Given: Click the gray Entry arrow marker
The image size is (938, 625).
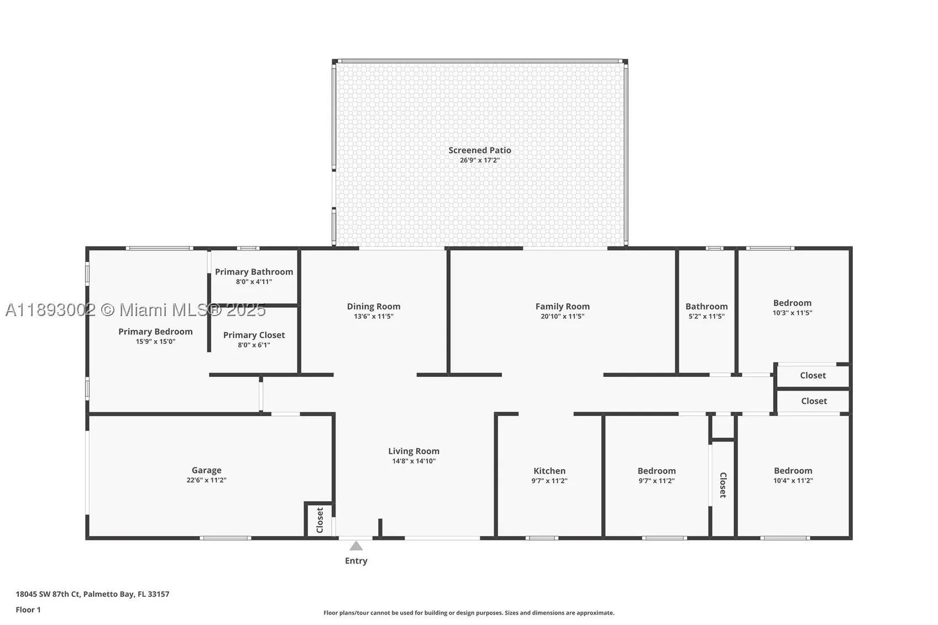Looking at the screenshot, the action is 356,546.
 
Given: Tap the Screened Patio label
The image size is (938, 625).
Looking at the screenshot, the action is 480,150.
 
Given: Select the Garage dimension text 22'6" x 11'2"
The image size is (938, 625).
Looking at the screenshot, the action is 206,480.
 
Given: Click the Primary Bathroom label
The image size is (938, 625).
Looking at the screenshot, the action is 254,272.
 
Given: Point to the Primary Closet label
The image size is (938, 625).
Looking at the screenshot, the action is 254,335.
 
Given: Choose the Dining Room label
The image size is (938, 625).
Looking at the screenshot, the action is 374,307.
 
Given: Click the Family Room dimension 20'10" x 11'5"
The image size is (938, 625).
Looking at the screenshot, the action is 562,317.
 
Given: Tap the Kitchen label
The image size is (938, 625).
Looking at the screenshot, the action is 549,471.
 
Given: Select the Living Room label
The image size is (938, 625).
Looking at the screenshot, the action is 413,451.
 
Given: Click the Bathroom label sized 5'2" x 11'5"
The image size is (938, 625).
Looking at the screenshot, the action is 706,307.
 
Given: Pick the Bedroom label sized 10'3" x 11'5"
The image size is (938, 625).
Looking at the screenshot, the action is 792,303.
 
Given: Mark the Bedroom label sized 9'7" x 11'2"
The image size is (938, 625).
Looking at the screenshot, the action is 657,471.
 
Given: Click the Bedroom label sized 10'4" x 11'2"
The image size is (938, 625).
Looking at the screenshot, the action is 793,470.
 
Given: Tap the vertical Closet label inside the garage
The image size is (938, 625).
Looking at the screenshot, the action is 320,521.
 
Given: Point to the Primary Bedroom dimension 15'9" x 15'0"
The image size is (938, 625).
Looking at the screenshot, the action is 155,342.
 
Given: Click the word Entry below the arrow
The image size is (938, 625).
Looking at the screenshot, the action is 356,561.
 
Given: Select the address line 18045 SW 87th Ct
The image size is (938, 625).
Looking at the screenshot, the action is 48,594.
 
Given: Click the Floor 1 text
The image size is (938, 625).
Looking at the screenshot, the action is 28,610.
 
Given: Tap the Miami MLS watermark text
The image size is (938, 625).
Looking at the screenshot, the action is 135,310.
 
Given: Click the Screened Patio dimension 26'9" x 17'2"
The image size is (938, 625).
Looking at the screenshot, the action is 480,160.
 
